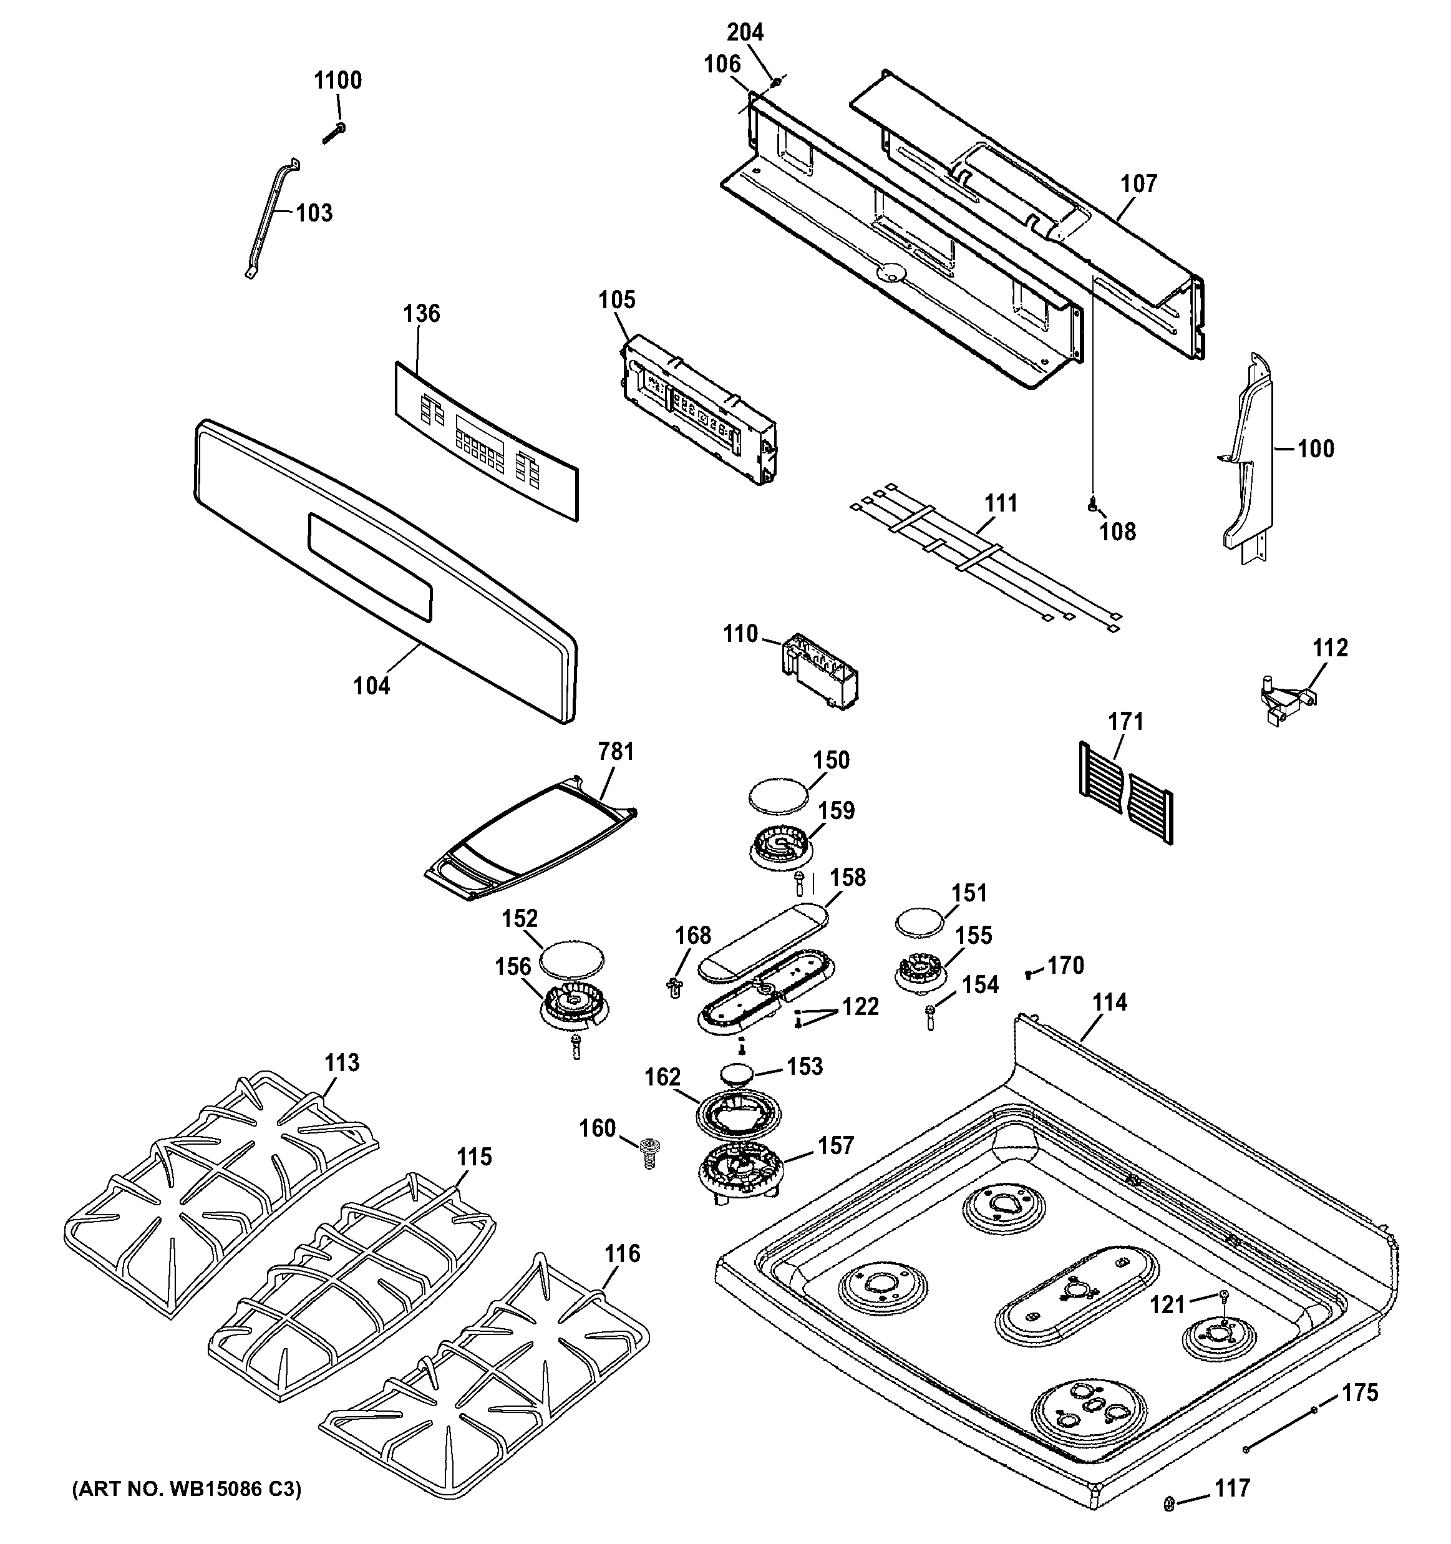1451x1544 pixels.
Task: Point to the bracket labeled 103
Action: click(269, 218)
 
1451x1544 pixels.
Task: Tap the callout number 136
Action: click(421, 314)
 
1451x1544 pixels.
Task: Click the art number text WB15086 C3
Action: click(187, 1488)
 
